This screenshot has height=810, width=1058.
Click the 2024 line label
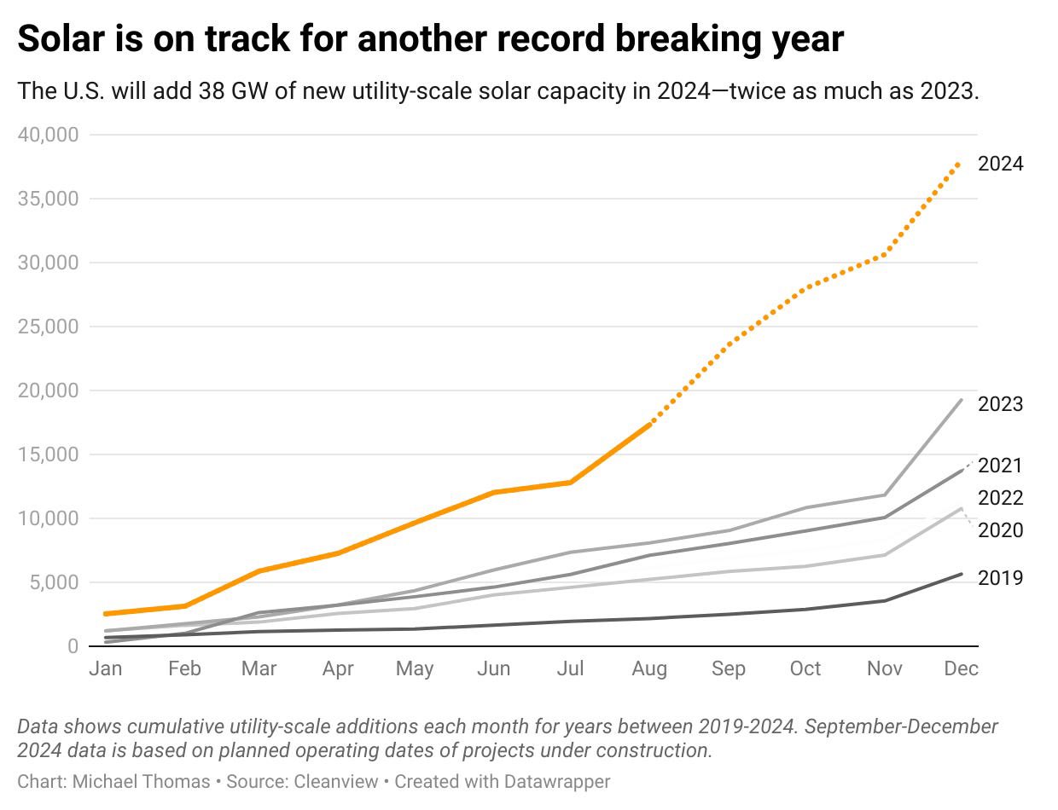point(1000,164)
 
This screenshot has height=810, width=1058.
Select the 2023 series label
point(1000,404)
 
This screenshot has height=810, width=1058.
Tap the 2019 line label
point(1000,578)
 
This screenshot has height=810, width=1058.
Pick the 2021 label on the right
point(1000,466)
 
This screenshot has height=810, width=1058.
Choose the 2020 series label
point(1000,530)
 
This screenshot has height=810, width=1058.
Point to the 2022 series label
point(1000,498)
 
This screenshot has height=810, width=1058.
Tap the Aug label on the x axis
point(649,669)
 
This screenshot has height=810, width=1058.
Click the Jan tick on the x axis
point(106,669)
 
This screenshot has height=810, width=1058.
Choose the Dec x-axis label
point(962,669)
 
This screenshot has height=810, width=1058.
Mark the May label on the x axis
point(415,669)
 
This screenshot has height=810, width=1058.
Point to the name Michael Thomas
point(140,781)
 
